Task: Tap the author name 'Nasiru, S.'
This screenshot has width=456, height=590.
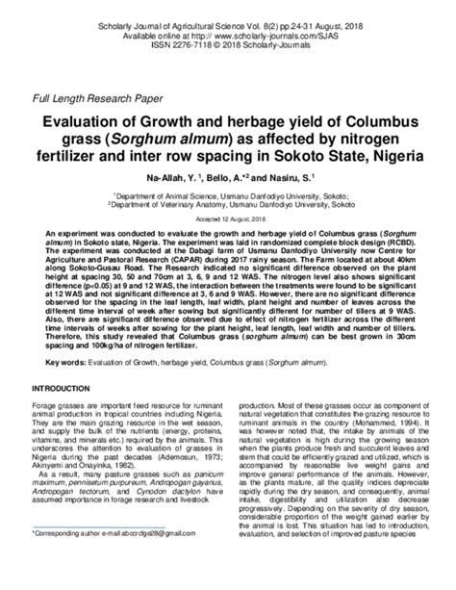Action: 291,179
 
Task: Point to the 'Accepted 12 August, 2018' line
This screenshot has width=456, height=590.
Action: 227,218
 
